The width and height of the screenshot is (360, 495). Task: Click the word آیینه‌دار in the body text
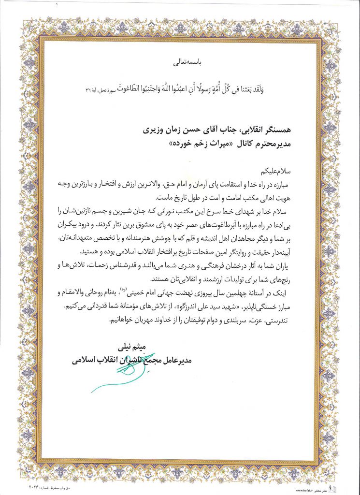pos(292,252)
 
